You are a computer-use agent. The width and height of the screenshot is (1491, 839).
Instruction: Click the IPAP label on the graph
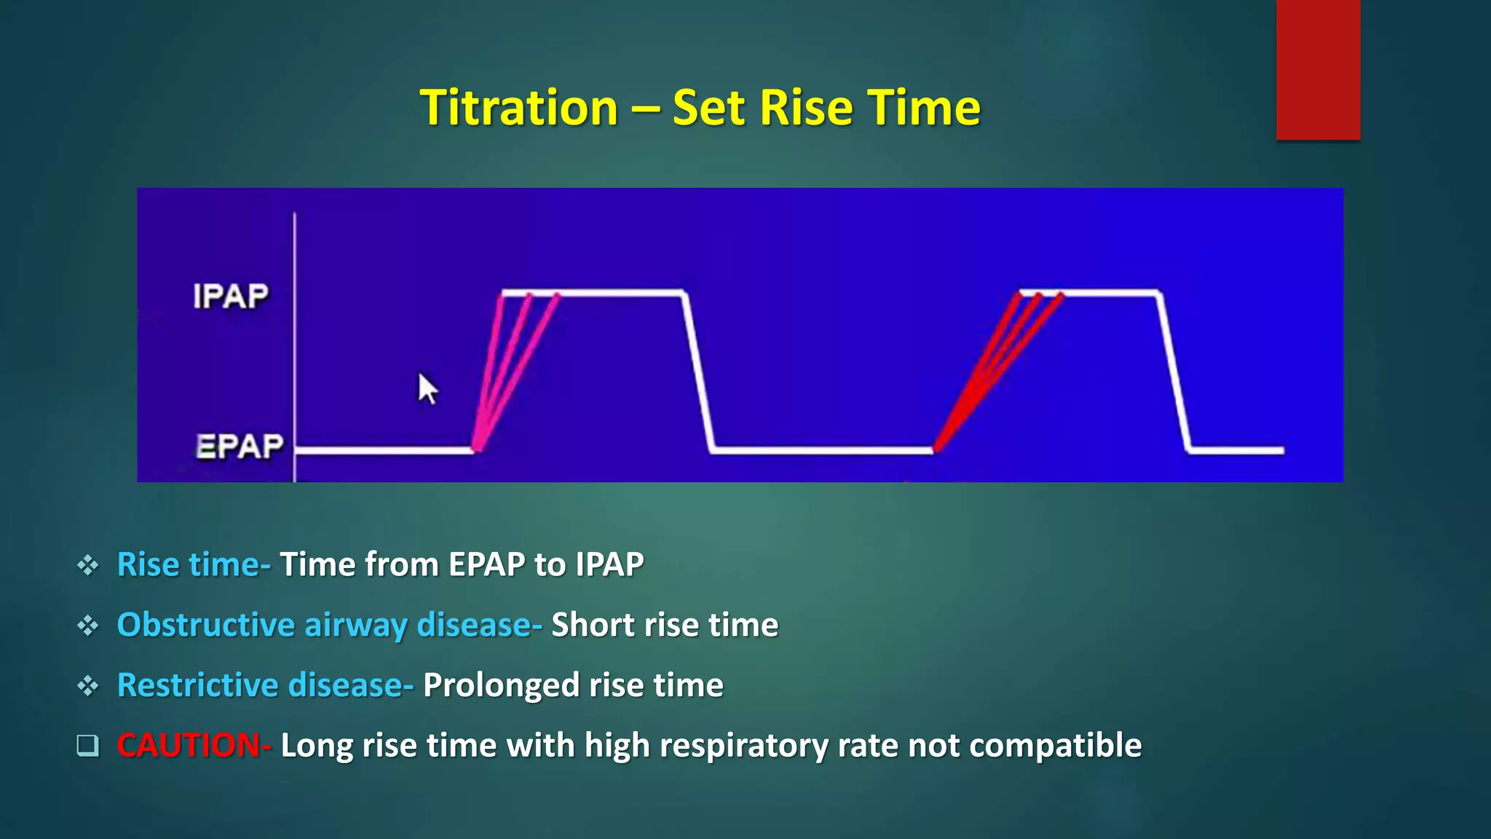point(230,296)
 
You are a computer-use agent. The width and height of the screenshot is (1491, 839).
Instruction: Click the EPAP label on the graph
point(239,446)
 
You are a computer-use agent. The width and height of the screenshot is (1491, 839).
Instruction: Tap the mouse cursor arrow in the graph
point(427,388)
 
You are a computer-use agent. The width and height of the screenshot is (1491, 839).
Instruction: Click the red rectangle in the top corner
point(1318,69)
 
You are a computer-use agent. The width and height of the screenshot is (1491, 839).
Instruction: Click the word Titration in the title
point(519,108)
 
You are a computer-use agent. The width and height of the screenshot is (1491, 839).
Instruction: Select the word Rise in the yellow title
point(804,108)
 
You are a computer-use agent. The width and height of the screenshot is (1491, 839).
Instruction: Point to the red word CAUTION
point(188,746)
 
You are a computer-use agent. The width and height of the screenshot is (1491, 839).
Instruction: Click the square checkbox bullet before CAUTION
point(87,745)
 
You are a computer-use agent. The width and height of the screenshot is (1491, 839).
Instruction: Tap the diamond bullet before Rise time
point(87,565)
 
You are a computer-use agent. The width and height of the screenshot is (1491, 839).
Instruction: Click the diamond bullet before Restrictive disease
point(87,685)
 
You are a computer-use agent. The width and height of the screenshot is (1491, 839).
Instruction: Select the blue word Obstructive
point(205,625)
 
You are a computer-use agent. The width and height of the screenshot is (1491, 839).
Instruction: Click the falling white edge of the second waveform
point(1174,371)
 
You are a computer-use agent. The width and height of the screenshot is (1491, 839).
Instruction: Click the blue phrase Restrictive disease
point(260,685)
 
